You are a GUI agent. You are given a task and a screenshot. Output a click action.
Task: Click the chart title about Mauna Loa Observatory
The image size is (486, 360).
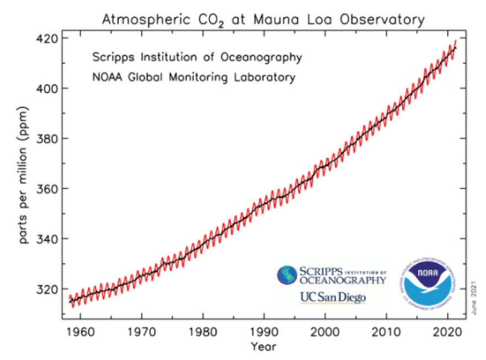(263, 20)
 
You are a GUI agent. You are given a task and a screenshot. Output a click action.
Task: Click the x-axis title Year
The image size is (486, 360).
(263, 347)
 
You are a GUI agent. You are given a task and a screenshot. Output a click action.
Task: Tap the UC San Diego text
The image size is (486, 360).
(332, 298)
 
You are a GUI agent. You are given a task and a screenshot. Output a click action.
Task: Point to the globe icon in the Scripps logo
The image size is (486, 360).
(287, 275)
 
